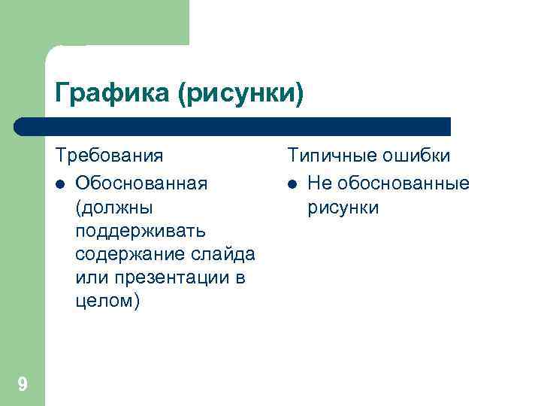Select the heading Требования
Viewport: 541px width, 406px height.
tap(109, 156)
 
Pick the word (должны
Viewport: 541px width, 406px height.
tap(109, 207)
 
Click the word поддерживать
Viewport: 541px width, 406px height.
tap(136, 230)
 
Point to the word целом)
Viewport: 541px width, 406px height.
tap(107, 301)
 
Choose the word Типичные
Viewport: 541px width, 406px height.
tap(330, 156)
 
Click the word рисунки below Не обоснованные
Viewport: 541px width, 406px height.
tap(343, 207)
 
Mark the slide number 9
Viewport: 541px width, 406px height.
tap(23, 386)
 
